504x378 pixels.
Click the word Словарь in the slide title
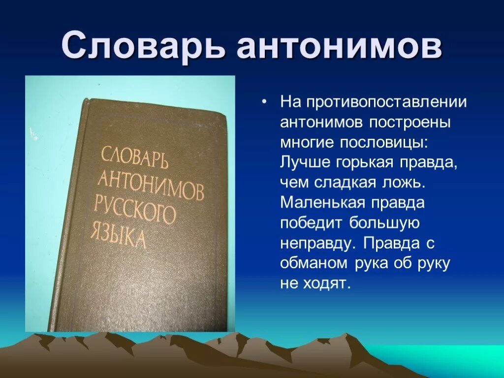pyautogui.click(x=143, y=47)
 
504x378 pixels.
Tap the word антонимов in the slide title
pyautogui.click(x=339, y=47)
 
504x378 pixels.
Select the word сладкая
pyautogui.click(x=345, y=182)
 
